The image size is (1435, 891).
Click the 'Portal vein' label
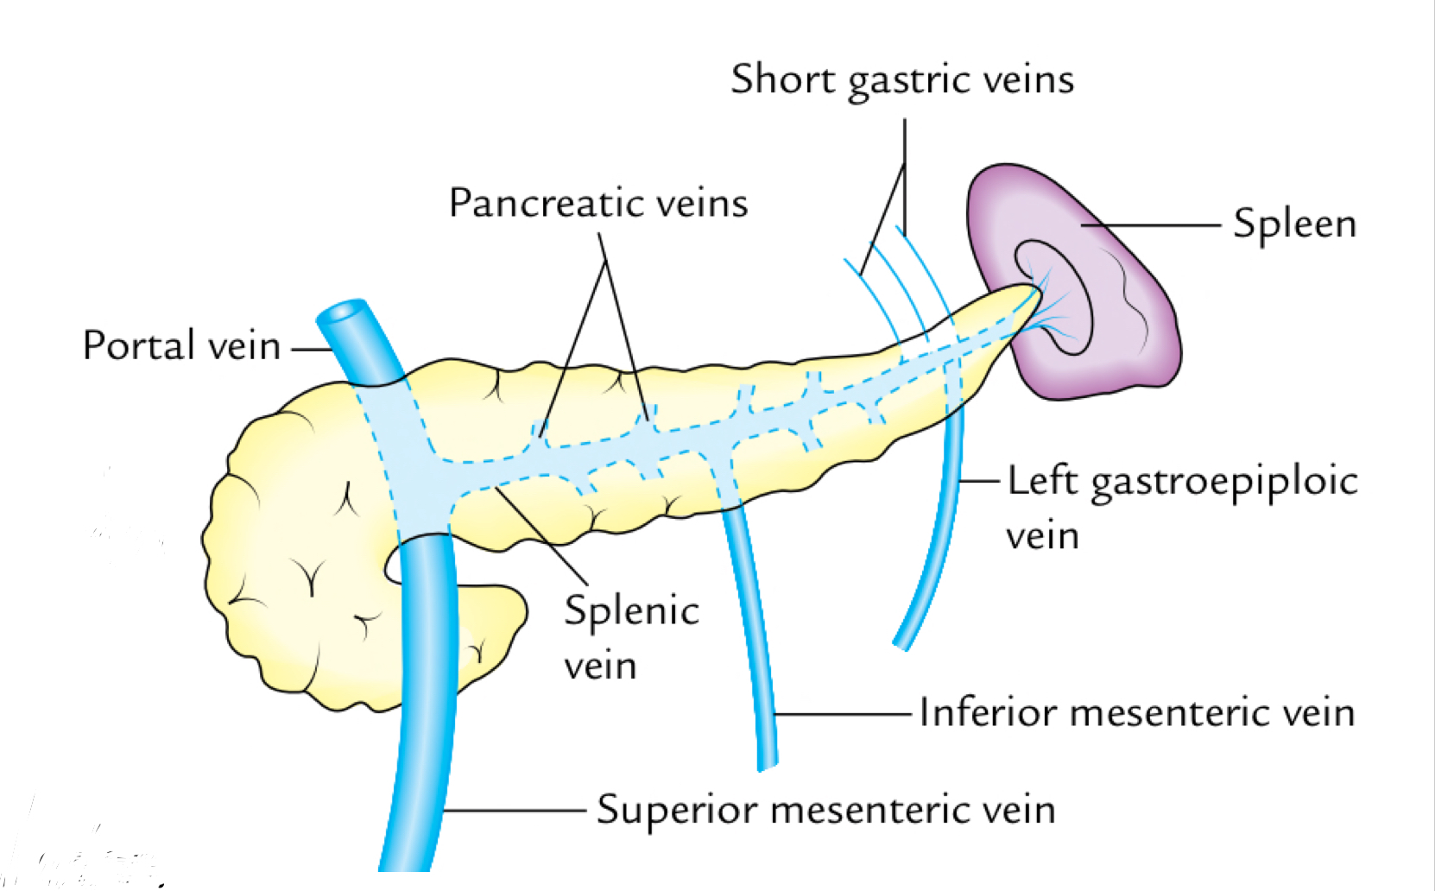(182, 346)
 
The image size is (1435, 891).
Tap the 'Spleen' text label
(1294, 224)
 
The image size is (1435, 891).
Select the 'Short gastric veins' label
(902, 80)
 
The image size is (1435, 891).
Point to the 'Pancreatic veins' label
(598, 204)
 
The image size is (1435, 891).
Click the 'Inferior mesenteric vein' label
(1136, 713)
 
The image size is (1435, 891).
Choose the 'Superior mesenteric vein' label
(825, 810)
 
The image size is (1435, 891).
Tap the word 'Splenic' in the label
(631, 612)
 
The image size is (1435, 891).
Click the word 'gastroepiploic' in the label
(1224, 482)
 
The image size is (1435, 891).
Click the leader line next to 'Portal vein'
(312, 350)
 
